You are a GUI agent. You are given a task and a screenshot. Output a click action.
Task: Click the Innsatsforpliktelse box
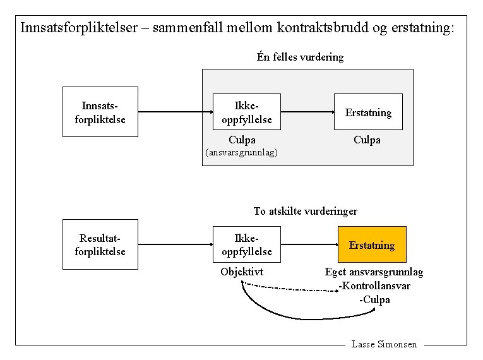(x=100, y=112)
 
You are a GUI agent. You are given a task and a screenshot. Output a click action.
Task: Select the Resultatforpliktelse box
(x=100, y=244)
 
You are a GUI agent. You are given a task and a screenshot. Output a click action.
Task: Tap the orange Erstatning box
(x=372, y=244)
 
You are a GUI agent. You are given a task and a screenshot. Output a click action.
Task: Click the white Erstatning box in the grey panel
(x=368, y=112)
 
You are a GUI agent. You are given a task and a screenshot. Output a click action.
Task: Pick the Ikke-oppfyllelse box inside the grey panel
(x=246, y=112)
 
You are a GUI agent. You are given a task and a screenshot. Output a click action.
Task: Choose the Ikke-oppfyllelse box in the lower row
(x=246, y=244)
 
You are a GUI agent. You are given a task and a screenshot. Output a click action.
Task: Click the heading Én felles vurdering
(x=300, y=57)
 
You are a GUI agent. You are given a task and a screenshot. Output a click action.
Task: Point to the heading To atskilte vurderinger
(x=306, y=211)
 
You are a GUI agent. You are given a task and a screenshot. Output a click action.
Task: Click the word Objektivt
(x=242, y=272)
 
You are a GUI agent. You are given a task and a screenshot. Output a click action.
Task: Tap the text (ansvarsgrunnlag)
(x=242, y=152)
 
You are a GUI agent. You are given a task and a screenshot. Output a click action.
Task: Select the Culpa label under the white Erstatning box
(x=367, y=140)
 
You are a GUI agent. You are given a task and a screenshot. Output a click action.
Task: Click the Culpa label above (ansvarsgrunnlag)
(x=242, y=140)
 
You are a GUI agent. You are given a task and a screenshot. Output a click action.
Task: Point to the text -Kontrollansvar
(x=374, y=286)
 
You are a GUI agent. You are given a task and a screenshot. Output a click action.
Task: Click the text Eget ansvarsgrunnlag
(x=374, y=272)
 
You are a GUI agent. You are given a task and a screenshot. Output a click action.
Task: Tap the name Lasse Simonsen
(x=384, y=344)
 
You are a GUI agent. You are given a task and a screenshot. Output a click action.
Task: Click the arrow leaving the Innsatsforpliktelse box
(x=175, y=112)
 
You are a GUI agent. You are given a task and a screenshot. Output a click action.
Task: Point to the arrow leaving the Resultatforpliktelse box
(x=175, y=245)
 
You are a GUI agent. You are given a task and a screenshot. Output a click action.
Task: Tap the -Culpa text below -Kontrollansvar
(x=374, y=300)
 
